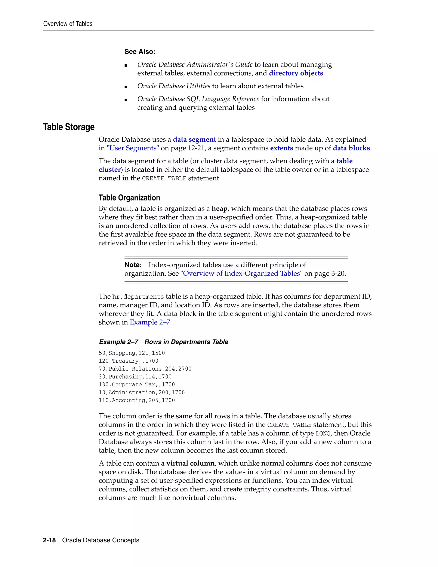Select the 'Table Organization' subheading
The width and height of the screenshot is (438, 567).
pos(129,198)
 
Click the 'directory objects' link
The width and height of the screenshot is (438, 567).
pos(296,73)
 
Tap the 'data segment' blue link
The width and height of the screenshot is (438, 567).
pos(194,140)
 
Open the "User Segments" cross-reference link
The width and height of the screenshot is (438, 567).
pos(133,148)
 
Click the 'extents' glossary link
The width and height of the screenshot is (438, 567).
pos(281,148)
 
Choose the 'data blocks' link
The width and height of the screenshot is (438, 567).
pos(351,148)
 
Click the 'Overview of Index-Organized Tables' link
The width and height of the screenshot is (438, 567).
pos(241,274)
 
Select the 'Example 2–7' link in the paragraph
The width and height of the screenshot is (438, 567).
pos(150,322)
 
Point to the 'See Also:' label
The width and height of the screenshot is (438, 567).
pos(140,52)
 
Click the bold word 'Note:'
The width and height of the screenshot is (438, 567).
pos(133,265)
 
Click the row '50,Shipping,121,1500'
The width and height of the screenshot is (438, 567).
pos(132,353)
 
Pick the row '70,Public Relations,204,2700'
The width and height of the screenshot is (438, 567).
pos(145,369)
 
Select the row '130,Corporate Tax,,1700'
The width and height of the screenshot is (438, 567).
pos(136,385)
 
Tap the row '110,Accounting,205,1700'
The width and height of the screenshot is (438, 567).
pos(136,401)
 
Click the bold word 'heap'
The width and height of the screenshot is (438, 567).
pos(219,209)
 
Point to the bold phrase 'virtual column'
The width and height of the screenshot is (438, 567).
pos(190,463)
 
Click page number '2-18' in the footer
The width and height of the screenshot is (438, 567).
pos(49,540)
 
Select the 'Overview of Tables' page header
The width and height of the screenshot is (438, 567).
pos(68,24)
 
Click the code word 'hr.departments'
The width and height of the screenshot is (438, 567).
pos(138,297)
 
